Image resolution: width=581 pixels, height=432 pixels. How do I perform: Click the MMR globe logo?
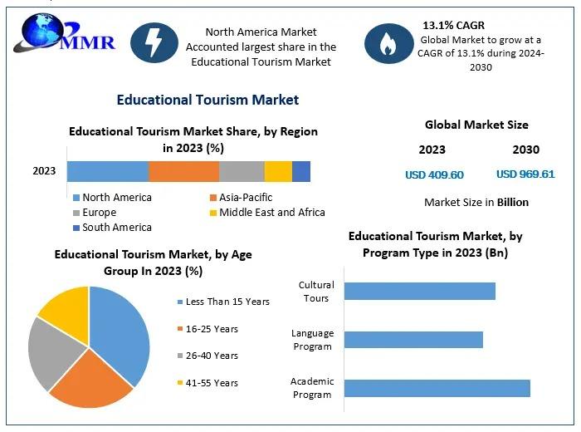tap(64, 32)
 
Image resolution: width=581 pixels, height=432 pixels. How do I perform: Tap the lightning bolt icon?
tap(154, 42)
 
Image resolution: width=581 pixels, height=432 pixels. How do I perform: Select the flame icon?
tap(388, 43)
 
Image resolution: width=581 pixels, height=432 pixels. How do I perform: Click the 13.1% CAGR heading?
tap(453, 25)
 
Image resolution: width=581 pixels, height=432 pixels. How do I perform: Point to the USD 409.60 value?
tap(434, 174)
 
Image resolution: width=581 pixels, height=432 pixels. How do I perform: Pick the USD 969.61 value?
tap(525, 174)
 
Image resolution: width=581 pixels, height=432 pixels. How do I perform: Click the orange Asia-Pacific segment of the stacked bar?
tap(183, 171)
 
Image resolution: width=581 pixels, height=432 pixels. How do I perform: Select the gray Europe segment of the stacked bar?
tap(242, 171)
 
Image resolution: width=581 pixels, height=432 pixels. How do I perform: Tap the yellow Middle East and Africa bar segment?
tap(278, 171)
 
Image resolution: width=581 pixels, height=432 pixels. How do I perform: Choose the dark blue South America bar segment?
tap(301, 171)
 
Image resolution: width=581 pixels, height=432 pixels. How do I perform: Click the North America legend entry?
tap(113, 197)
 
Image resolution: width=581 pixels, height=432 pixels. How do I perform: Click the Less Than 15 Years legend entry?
tap(223, 302)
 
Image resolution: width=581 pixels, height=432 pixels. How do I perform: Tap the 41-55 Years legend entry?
tap(207, 383)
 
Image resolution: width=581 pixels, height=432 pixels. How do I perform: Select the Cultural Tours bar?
tap(419, 291)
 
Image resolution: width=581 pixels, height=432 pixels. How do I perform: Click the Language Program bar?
tap(413, 340)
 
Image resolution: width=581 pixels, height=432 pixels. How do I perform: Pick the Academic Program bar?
tap(437, 388)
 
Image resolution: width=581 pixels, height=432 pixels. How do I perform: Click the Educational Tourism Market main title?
tap(207, 101)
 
